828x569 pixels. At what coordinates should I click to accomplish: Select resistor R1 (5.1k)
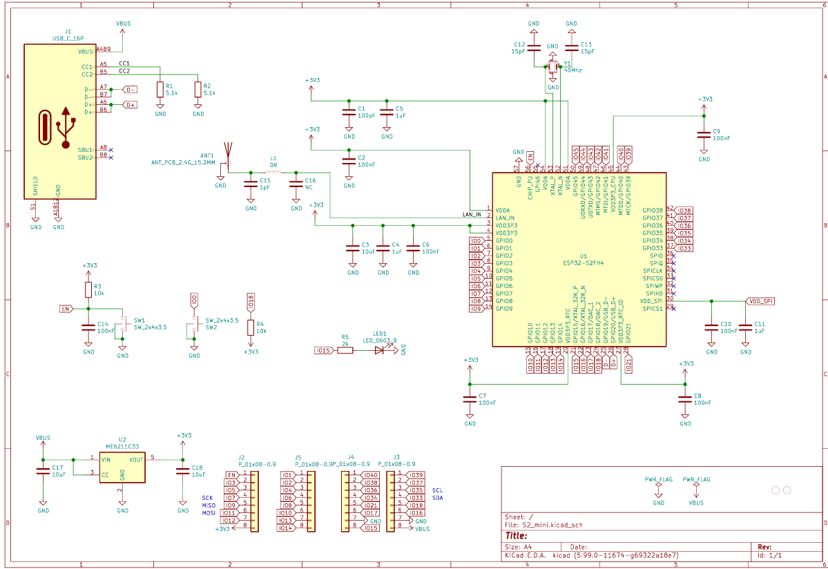(160, 89)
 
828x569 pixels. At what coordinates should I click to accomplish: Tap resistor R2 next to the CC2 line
(198, 89)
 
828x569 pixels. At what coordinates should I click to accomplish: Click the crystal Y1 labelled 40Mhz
(552, 67)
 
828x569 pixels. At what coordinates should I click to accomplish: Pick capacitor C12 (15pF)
(534, 47)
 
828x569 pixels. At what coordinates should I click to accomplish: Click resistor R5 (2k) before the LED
(345, 350)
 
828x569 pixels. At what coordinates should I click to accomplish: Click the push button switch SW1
(123, 323)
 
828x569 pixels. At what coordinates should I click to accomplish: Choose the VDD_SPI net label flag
(760, 301)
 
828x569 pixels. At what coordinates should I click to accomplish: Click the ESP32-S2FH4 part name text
(584, 262)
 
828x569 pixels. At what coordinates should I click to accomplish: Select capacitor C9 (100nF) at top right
(704, 135)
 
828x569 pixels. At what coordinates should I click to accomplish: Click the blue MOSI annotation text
(209, 513)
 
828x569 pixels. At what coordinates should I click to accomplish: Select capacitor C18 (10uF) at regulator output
(182, 470)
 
